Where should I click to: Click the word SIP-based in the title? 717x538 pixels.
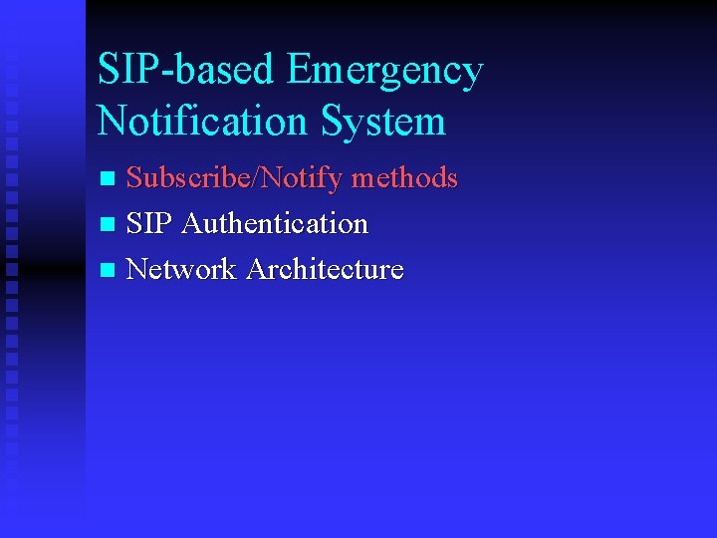click(185, 71)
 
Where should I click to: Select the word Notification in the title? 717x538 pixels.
click(203, 122)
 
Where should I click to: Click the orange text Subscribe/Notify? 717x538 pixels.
click(235, 179)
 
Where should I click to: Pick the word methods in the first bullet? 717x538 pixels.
click(404, 178)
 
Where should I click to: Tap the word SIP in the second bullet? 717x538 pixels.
click(149, 224)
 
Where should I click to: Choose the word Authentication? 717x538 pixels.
click(275, 224)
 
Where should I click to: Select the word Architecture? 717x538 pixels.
click(325, 269)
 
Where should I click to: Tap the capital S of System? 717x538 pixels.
click(334, 122)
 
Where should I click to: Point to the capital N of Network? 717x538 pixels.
click(137, 269)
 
